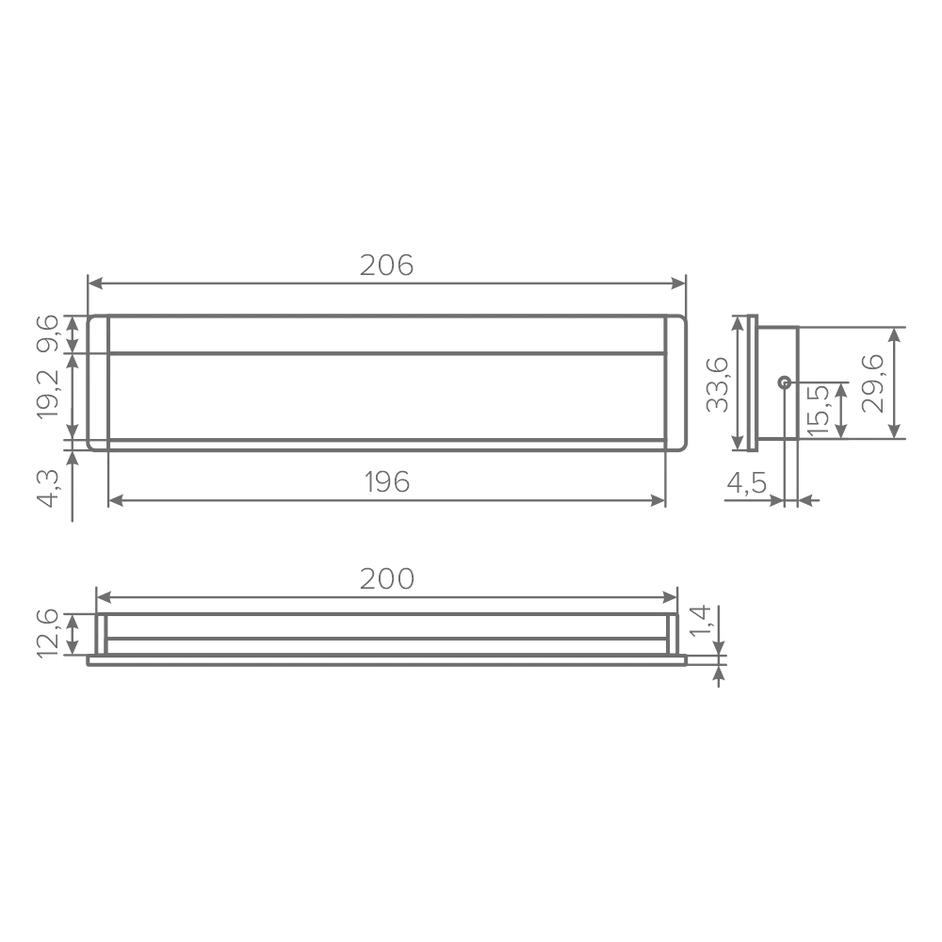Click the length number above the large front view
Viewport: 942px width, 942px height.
(386, 267)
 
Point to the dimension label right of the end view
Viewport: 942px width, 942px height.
(877, 386)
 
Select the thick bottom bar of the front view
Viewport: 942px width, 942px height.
(386, 446)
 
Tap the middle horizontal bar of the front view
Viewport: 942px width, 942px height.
(386, 354)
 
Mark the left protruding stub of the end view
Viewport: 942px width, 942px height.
(712, 386)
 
